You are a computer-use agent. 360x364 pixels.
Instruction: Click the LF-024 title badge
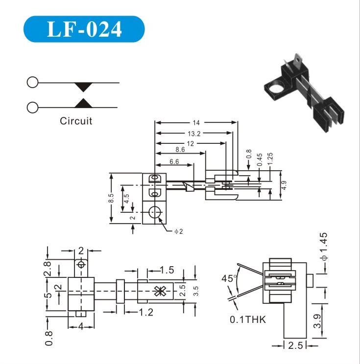(x=84, y=29)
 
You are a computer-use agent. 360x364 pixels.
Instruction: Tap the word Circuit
(x=76, y=121)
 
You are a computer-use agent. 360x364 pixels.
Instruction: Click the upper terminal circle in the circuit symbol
(x=32, y=82)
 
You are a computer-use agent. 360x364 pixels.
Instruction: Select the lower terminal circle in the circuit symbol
(x=32, y=107)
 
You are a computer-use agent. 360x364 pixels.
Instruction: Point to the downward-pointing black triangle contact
(x=83, y=87)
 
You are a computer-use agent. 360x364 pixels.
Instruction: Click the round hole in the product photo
(x=275, y=88)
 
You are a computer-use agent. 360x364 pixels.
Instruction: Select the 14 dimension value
(x=196, y=123)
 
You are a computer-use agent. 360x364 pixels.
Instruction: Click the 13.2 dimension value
(x=194, y=134)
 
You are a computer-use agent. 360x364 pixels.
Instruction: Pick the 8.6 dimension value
(x=180, y=150)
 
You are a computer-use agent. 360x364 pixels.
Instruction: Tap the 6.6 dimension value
(x=174, y=161)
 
